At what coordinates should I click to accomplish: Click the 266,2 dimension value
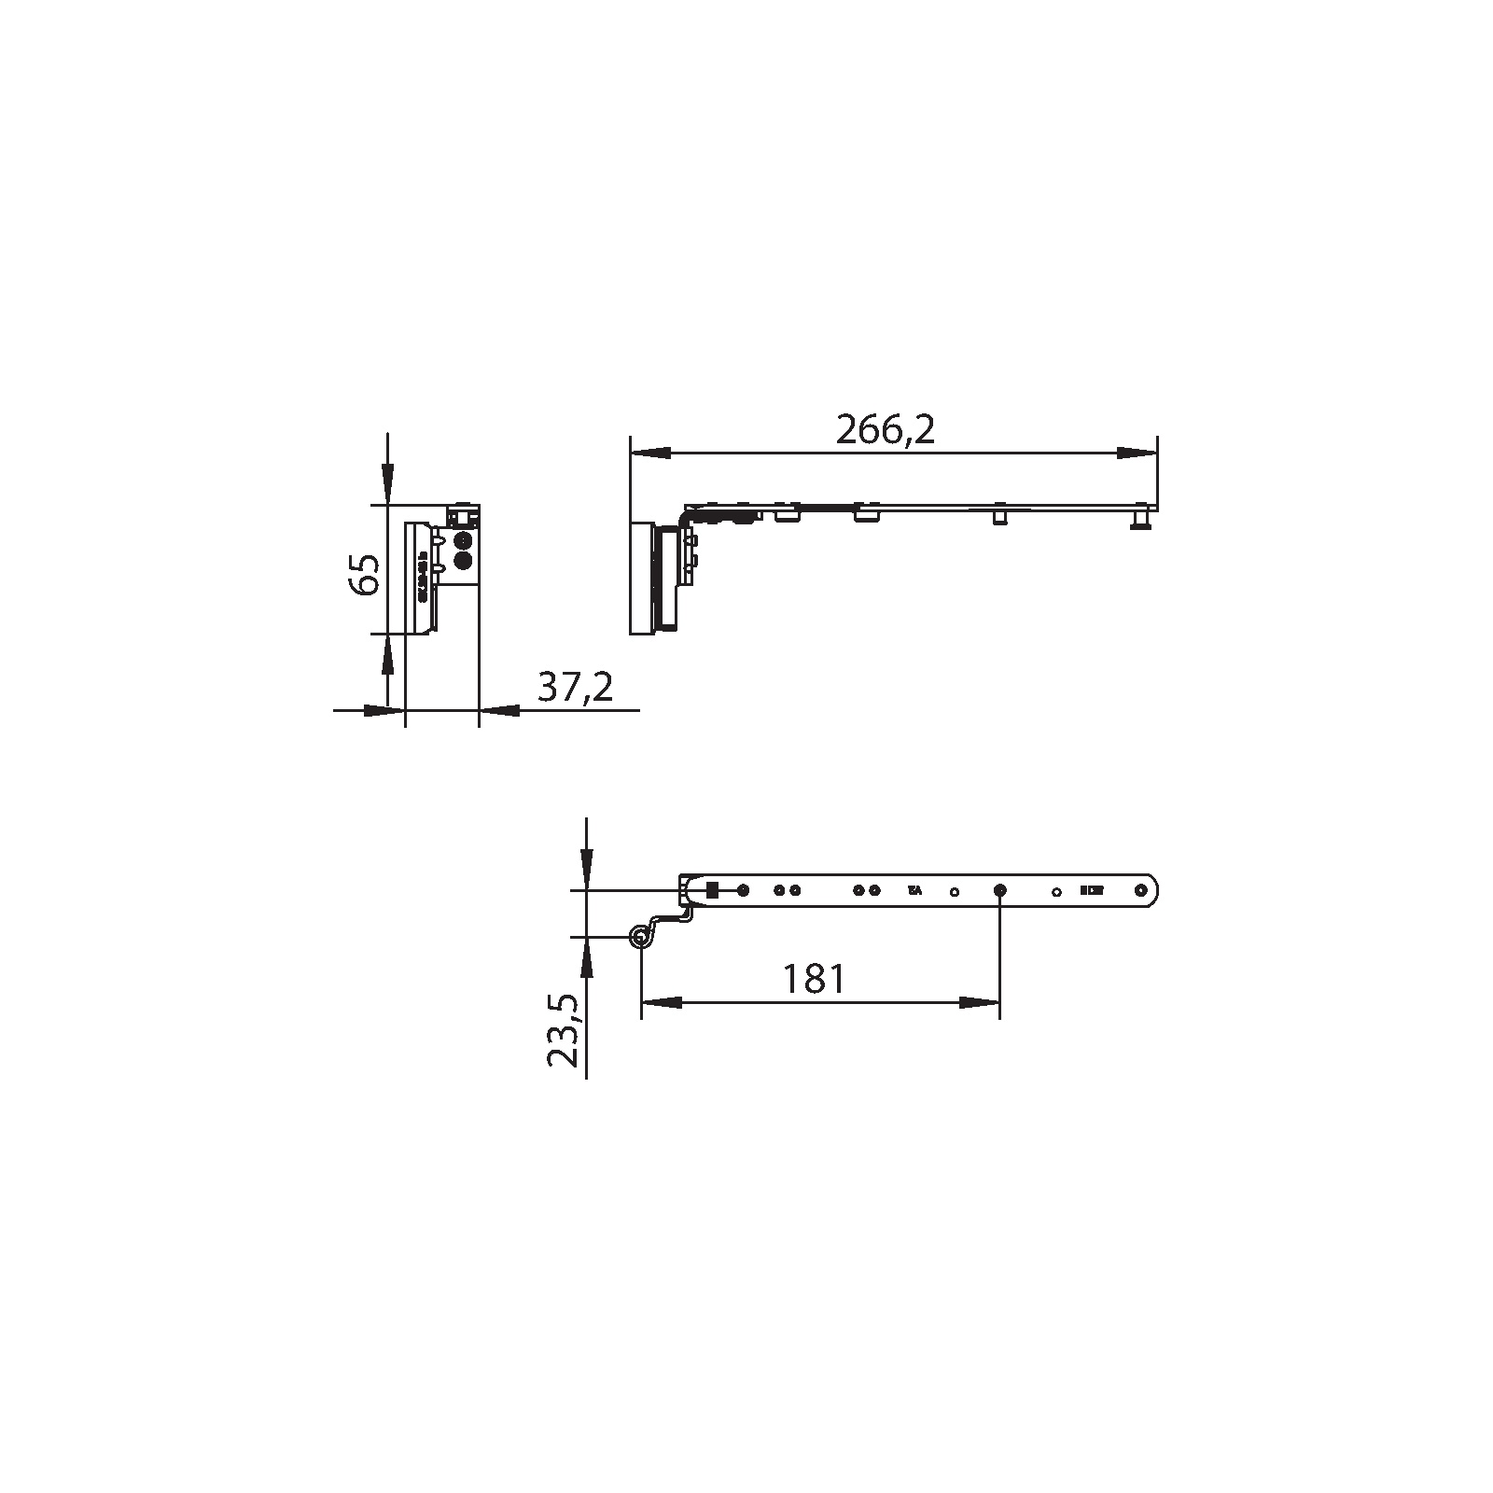point(885,431)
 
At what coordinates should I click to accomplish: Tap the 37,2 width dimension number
point(575,688)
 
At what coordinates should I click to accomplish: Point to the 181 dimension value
point(814,979)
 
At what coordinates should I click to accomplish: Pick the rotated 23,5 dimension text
point(564,1031)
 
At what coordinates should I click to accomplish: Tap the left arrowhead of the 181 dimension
point(662,1003)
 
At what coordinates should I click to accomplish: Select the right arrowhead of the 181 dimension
point(980,1003)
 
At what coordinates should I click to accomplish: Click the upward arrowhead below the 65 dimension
point(387,652)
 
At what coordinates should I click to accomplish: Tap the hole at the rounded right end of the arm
point(1141,890)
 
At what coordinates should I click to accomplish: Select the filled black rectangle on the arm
point(712,890)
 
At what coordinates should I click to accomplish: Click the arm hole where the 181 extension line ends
point(999,891)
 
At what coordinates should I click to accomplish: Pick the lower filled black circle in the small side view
point(461,560)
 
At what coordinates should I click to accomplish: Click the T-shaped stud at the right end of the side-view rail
point(1140,519)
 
